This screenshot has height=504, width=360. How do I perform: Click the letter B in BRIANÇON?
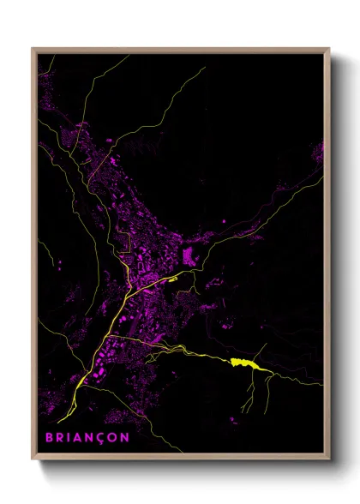tap(49, 436)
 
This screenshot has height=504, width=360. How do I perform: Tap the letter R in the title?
tap(60, 436)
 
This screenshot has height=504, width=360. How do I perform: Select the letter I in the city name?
tap(69, 436)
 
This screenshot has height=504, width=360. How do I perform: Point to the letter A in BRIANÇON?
tap(79, 436)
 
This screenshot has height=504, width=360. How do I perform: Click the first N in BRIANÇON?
tap(91, 436)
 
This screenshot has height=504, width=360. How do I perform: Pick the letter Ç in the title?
tap(103, 436)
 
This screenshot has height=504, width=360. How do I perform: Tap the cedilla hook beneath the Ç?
tap(103, 442)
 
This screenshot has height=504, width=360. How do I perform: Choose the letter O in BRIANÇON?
tap(115, 436)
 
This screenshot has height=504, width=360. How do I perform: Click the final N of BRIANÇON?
tap(127, 436)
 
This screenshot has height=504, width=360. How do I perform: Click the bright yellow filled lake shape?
tap(243, 363)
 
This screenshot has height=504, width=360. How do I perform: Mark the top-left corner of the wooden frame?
tap(33, 49)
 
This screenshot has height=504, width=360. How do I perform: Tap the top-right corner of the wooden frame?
tap(330, 49)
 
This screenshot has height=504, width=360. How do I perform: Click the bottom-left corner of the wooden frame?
tap(33, 460)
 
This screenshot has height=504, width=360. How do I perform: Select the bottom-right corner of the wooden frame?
tap(330, 460)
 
